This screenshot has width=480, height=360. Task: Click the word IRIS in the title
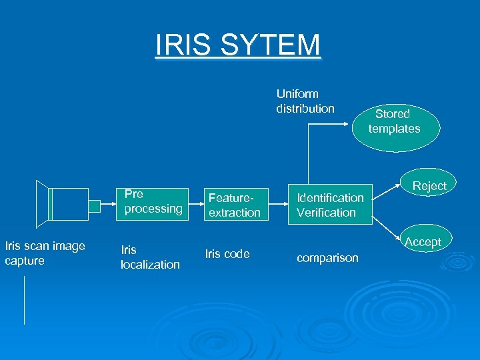[x=179, y=45]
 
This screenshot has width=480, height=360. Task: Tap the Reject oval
[x=429, y=186]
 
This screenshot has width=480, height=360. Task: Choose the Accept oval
[x=423, y=241]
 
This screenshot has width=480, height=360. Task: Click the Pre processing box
[x=153, y=202]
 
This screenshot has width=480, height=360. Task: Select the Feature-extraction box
[x=235, y=205]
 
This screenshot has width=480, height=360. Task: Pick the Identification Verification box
[x=330, y=205]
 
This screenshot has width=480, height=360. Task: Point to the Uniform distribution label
[x=305, y=101]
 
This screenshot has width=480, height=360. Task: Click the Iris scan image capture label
[x=45, y=253]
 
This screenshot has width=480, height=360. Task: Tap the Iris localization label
[x=150, y=257]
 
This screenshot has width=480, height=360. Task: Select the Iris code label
[x=227, y=254]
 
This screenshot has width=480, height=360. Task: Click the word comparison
[x=327, y=258]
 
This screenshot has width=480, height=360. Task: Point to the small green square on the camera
[x=95, y=206]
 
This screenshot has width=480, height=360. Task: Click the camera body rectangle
[x=69, y=204]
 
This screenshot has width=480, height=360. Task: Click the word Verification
[x=326, y=213]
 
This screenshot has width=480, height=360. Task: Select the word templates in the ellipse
[x=395, y=129]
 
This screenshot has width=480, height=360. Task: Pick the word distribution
[x=305, y=109]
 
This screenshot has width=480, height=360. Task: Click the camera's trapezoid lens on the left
[x=43, y=203]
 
